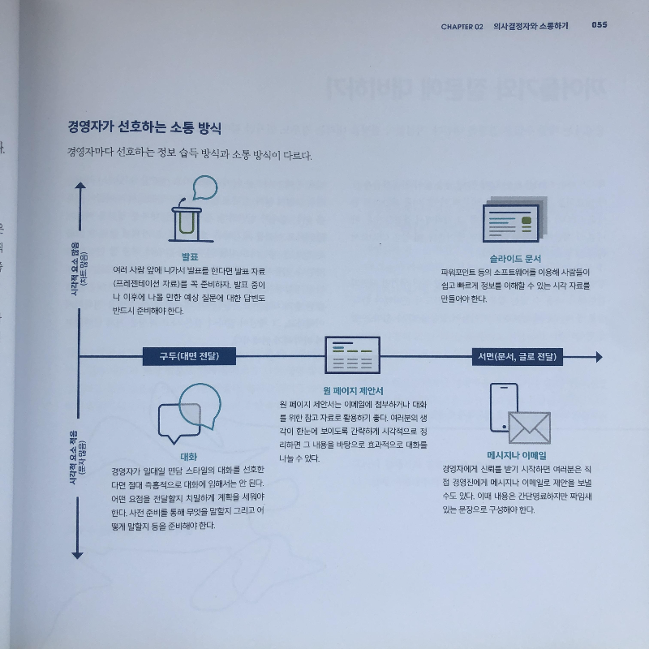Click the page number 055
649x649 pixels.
tap(600, 25)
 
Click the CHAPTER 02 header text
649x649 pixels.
tap(462, 26)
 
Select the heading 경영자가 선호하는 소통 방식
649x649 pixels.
tap(145, 127)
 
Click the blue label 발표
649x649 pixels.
tap(190, 257)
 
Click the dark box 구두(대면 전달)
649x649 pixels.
tap(189, 356)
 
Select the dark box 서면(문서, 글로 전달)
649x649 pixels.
tap(518, 356)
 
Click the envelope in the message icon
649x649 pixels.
tap(529, 428)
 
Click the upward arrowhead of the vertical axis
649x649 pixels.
tap(79, 188)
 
